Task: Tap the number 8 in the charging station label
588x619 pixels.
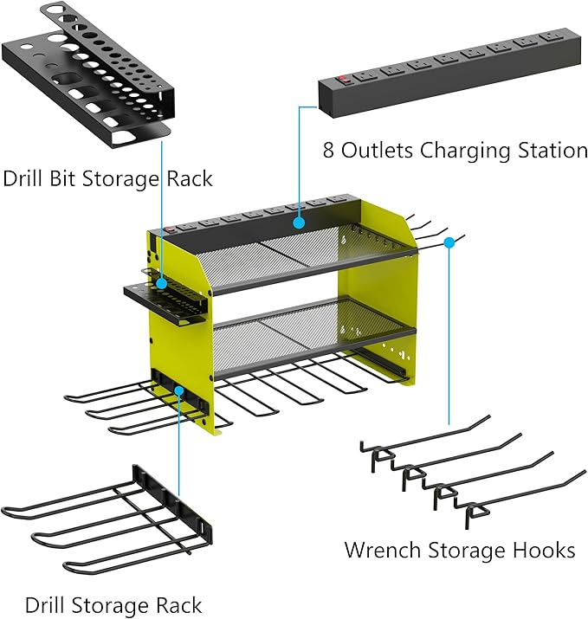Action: [x=328, y=150]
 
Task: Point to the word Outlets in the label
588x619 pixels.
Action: [x=378, y=150]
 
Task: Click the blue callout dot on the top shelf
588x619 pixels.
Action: [x=298, y=222]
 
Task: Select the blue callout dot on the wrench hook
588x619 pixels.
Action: [x=449, y=243]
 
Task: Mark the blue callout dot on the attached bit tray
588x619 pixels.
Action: [x=162, y=281]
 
